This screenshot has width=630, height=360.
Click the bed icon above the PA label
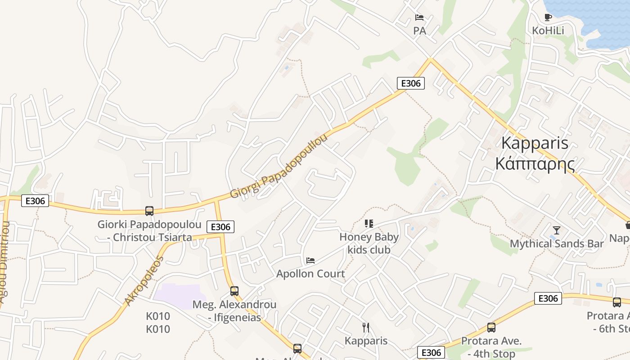click(x=419, y=18)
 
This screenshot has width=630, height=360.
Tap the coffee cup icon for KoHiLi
click(x=548, y=18)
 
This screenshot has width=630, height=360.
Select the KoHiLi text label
click(x=548, y=31)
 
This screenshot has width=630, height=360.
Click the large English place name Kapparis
click(x=535, y=143)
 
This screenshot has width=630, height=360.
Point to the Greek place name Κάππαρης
click(x=535, y=163)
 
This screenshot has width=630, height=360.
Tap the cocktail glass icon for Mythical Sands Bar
click(x=557, y=230)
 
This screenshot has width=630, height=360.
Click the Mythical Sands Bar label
click(x=557, y=243)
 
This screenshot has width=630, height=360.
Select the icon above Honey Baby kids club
click(x=369, y=223)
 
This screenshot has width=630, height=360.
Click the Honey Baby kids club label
click(x=369, y=243)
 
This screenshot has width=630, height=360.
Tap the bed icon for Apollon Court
click(x=310, y=260)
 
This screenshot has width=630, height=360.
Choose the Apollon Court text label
click(x=310, y=274)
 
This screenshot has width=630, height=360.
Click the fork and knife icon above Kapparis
click(x=366, y=327)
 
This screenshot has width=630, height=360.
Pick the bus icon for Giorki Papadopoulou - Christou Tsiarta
click(x=149, y=211)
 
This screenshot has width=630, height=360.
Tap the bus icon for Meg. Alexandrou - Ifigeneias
click(x=234, y=291)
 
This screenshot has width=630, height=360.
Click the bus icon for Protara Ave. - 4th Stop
click(x=491, y=328)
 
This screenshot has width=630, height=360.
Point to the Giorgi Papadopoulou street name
click(x=279, y=166)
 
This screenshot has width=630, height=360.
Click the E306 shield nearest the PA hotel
click(x=410, y=83)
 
